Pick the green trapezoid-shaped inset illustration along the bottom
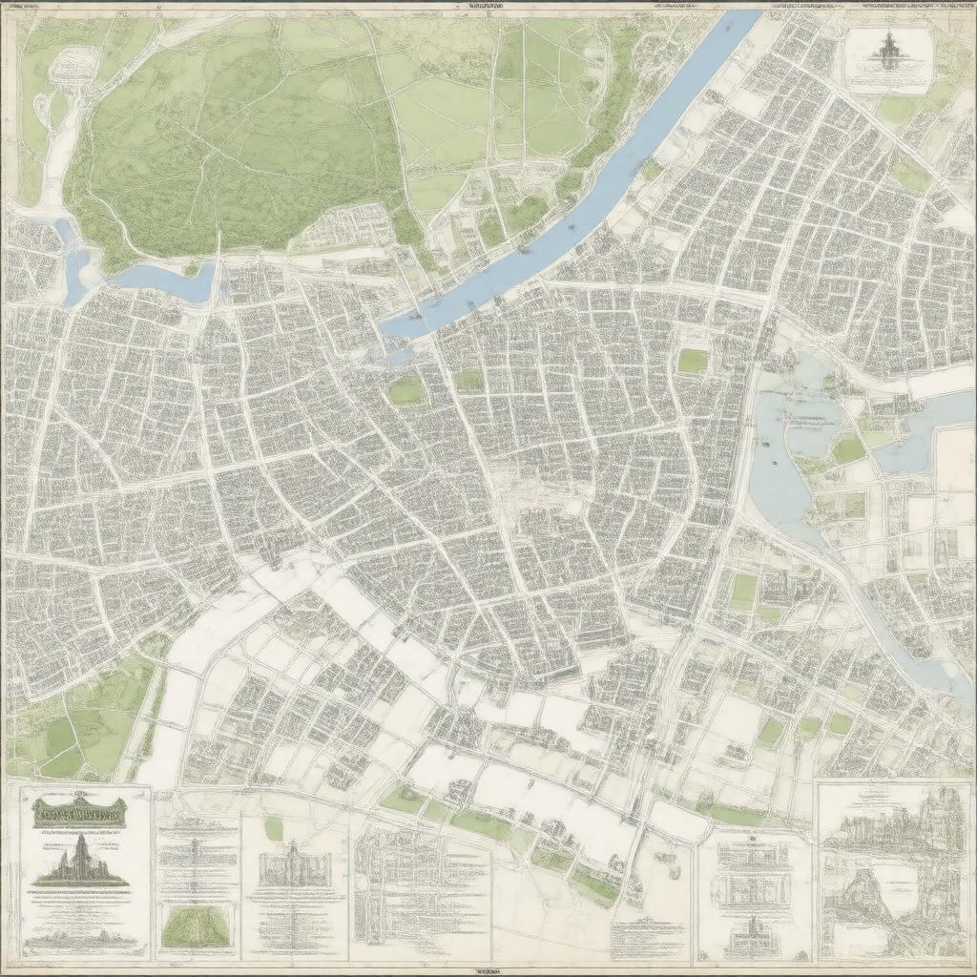(x=196, y=926)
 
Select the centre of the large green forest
(x=239, y=143)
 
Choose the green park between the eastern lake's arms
(x=848, y=449)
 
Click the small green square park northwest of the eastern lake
(x=693, y=361)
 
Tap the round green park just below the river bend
(x=406, y=391)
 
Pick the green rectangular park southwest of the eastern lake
(x=743, y=591)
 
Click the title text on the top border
(x=474, y=5)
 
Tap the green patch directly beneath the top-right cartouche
(x=897, y=110)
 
